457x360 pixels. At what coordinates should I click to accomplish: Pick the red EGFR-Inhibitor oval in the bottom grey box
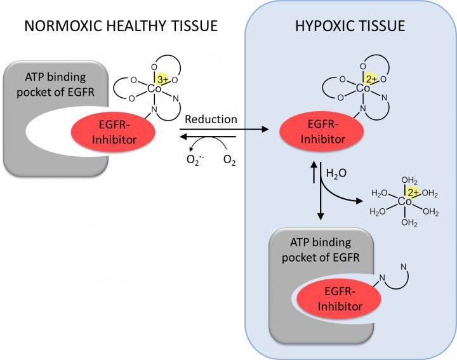[x=335, y=299]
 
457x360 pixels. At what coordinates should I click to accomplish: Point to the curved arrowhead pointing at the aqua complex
[x=364, y=201]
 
